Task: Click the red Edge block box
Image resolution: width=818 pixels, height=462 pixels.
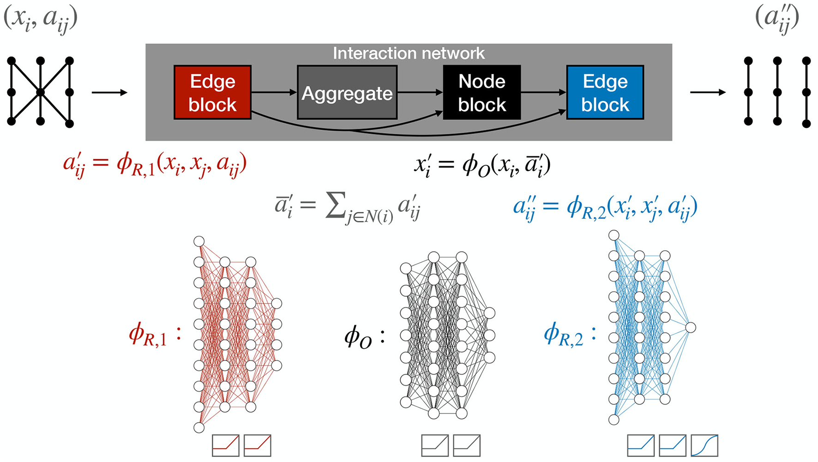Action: point(212,92)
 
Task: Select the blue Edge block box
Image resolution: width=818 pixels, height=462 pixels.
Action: point(605,92)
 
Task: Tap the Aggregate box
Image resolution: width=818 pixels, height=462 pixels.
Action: point(347,93)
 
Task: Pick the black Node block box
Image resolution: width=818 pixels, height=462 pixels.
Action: point(482,92)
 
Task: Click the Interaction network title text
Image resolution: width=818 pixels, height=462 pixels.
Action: point(409,54)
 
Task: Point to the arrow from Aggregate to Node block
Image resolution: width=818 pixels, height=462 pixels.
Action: point(420,92)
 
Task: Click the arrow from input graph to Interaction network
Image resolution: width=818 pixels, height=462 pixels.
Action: point(109,93)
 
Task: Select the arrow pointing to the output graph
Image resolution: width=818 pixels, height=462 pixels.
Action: point(708,92)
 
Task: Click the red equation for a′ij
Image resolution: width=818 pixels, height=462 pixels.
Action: point(155,164)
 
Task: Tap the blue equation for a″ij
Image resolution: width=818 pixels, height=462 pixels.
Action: point(605,206)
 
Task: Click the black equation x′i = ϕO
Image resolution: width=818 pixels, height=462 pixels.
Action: point(482,165)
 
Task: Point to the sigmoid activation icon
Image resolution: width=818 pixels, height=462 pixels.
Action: point(704,445)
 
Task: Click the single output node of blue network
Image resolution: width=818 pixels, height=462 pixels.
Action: point(690,327)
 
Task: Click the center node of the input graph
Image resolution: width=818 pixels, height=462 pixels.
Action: point(41,92)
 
